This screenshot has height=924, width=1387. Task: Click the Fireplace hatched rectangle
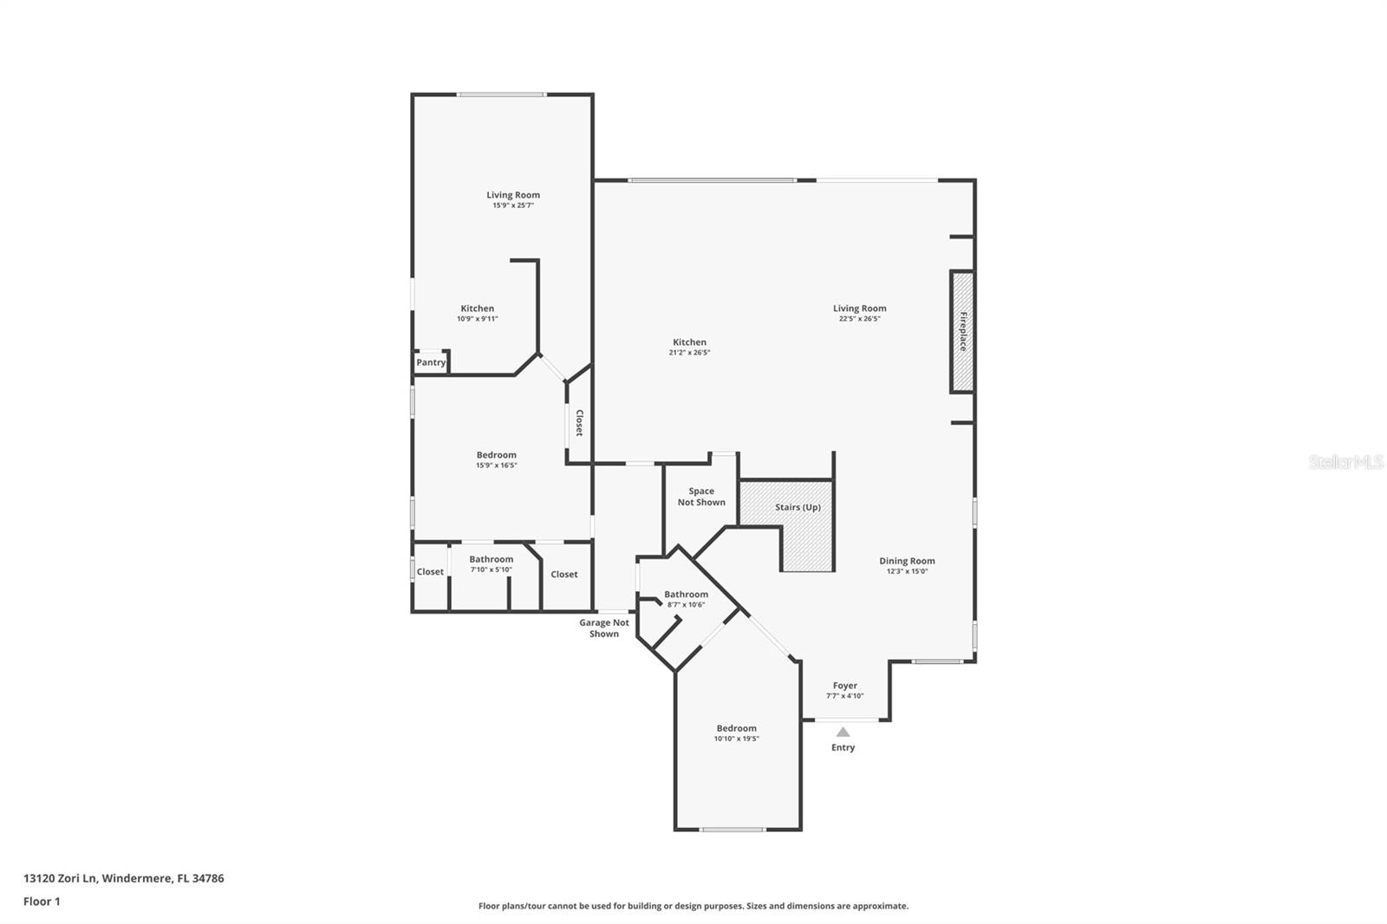click(962, 331)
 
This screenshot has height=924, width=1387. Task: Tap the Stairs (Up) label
click(798, 507)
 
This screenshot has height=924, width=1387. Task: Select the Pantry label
click(431, 362)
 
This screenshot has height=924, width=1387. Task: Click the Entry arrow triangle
click(843, 732)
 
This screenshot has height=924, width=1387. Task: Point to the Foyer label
click(844, 686)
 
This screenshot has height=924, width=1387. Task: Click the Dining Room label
click(907, 561)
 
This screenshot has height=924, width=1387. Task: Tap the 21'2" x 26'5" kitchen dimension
click(689, 353)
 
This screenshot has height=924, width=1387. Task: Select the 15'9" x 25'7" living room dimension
click(512, 205)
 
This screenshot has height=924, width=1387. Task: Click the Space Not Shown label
click(701, 497)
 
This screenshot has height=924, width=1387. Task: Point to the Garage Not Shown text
click(604, 628)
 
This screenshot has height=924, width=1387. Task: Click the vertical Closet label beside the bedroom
click(579, 422)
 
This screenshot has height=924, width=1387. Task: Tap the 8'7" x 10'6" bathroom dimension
click(686, 604)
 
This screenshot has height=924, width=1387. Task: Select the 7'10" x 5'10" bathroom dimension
click(491, 569)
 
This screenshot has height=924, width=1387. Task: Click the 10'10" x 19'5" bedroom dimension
click(736, 739)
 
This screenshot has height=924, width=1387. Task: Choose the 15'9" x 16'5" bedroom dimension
click(496, 465)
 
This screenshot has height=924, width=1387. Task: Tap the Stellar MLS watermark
click(1345, 462)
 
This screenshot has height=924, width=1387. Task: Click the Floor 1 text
click(42, 901)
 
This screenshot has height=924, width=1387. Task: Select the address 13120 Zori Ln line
click(123, 878)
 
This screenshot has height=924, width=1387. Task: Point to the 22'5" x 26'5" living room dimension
click(859, 319)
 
